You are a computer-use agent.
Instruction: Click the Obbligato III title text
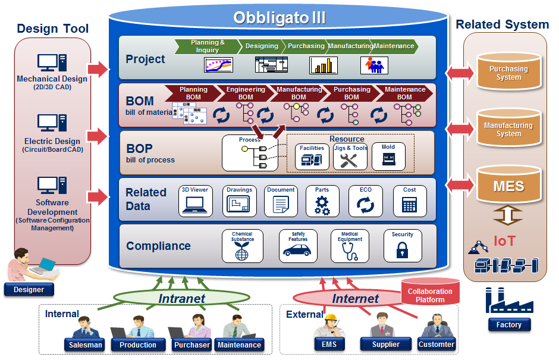279,17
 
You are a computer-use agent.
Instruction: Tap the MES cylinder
508,186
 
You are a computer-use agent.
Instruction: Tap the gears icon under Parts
322,205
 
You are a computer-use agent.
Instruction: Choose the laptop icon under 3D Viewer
194,205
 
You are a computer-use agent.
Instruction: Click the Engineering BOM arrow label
246,93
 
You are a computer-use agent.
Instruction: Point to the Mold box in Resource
388,156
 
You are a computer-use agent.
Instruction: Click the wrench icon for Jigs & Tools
350,160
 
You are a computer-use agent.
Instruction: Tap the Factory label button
508,325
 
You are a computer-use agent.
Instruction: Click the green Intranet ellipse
182,299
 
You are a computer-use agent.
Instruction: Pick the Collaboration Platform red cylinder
430,292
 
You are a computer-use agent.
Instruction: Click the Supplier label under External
386,345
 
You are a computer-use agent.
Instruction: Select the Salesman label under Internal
85,345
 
